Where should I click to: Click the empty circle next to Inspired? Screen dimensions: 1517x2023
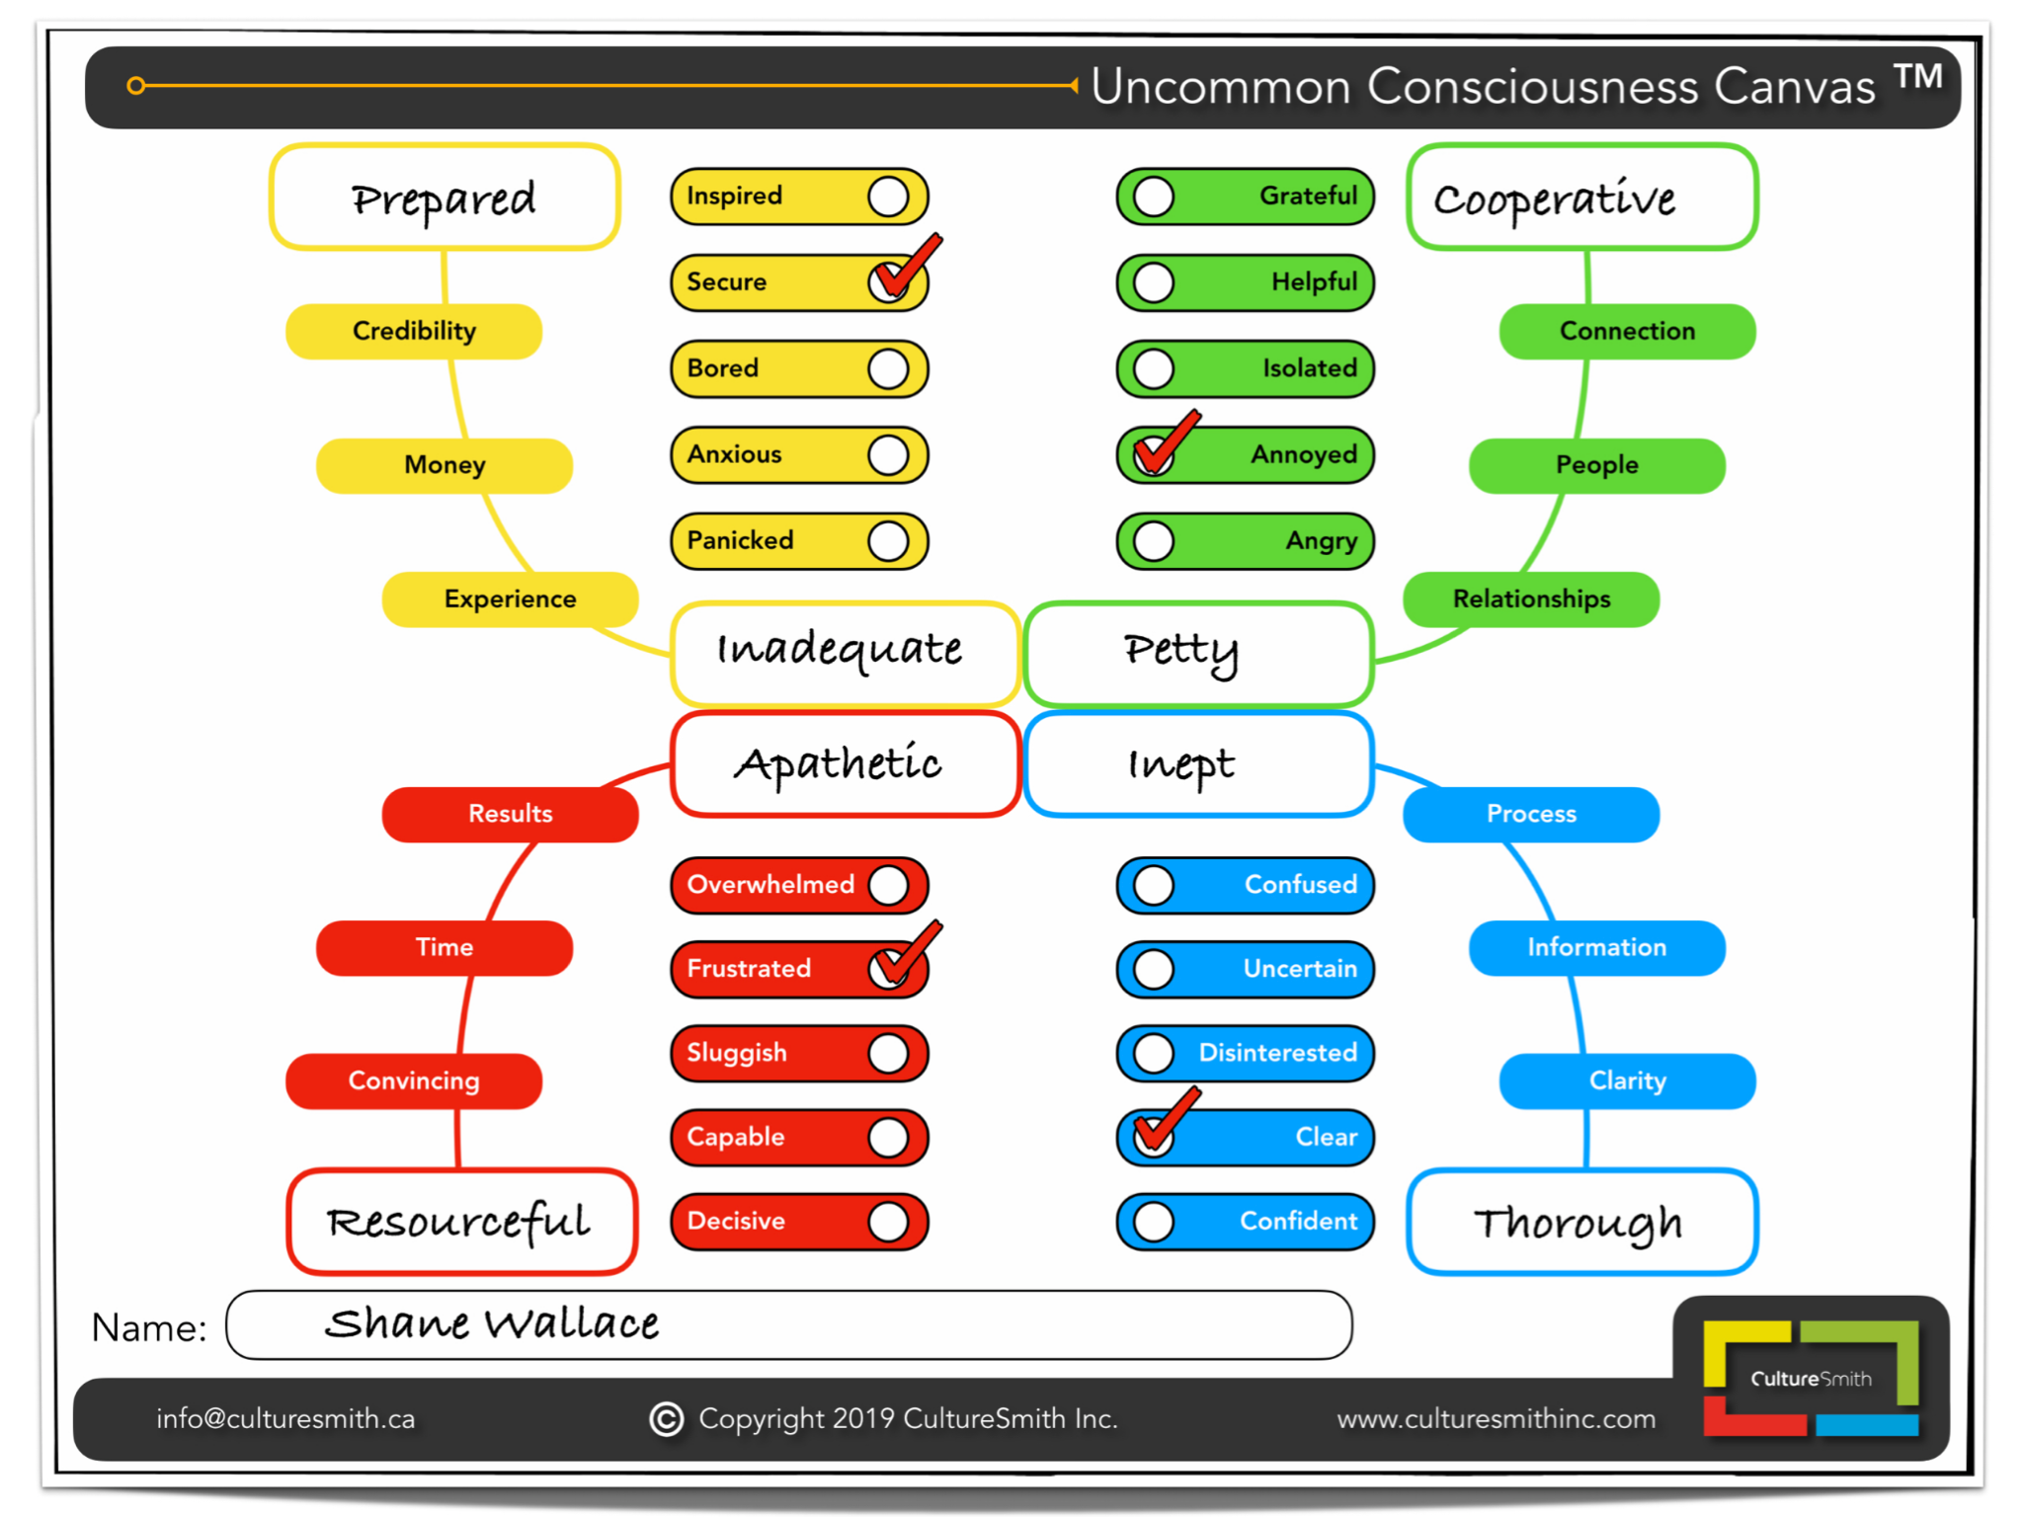click(888, 197)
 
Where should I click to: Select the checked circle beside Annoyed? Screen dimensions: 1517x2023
click(1154, 454)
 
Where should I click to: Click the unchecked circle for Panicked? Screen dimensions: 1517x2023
click(888, 541)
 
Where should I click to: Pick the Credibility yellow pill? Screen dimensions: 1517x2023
click(414, 331)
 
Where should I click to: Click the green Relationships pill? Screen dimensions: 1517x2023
click(1531, 599)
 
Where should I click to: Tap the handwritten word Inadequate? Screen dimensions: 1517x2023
click(840, 650)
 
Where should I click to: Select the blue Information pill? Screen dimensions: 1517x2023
click(1596, 948)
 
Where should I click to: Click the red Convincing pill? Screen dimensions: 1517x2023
click(414, 1081)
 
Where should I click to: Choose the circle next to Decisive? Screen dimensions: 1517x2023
click(888, 1222)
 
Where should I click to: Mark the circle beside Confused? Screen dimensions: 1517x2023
click(1154, 885)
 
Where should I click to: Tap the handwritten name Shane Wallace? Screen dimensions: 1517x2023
click(492, 1324)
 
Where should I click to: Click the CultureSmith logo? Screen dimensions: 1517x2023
click(1811, 1378)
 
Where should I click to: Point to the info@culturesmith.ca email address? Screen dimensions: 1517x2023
click(285, 1419)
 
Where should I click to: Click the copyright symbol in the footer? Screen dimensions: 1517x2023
click(667, 1419)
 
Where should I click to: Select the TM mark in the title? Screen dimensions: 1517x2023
click(1917, 77)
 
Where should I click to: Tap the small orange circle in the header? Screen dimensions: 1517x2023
click(136, 86)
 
